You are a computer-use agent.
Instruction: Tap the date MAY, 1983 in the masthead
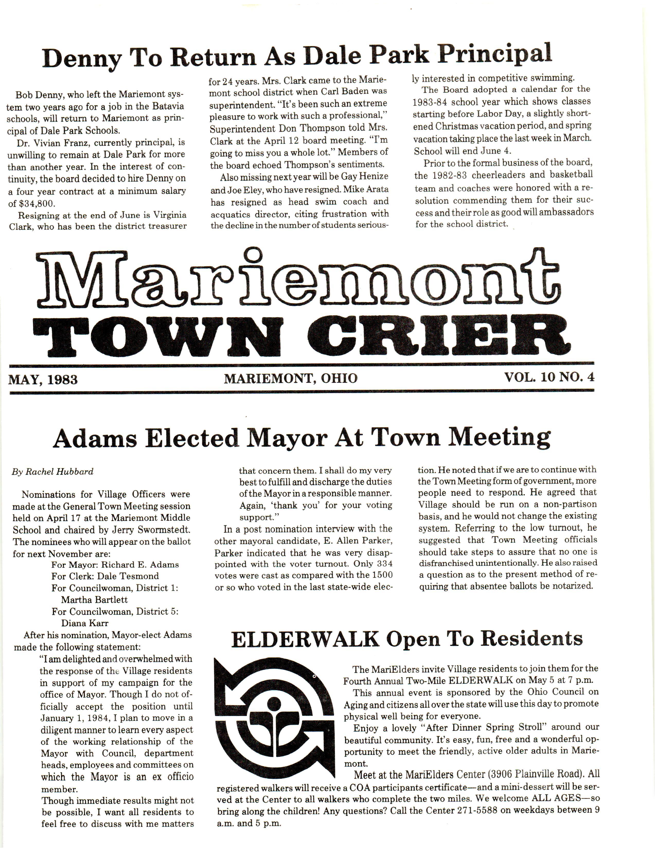[x=43, y=379]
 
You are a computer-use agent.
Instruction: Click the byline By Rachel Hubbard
[x=52, y=472]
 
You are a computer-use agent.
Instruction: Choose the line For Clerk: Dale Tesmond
[x=105, y=576]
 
